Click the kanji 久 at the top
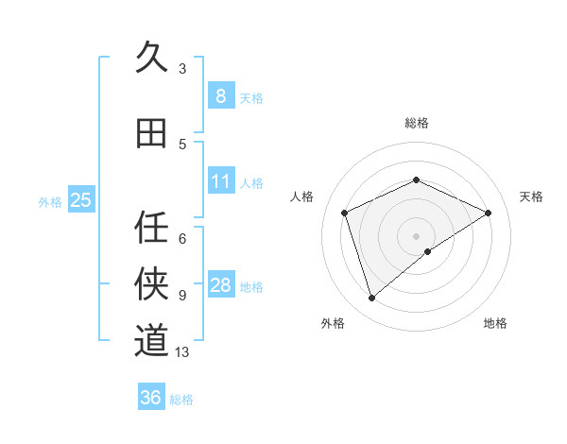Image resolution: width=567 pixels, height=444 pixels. point(152,58)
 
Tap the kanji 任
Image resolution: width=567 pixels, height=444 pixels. point(152,227)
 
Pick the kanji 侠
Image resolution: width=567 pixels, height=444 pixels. point(152,282)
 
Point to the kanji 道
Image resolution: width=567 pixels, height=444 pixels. point(152,339)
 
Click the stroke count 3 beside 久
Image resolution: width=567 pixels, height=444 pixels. point(182,68)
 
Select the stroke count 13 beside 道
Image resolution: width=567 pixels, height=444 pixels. point(182,352)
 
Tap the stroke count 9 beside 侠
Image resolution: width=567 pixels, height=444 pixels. point(182,296)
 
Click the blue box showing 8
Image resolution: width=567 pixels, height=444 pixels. point(220,95)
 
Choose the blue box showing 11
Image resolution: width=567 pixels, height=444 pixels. point(220,180)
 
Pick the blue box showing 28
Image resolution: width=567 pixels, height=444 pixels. point(220,285)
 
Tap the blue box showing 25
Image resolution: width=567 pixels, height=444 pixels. point(80,199)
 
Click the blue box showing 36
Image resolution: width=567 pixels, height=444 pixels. point(150,398)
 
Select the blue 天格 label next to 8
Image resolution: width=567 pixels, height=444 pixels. point(251,97)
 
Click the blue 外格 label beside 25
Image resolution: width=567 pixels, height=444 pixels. point(50,201)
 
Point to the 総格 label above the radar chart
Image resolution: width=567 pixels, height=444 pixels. point(416,123)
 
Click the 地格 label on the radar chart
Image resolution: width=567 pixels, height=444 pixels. point(495,323)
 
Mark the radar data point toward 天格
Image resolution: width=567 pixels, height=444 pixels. point(488,213)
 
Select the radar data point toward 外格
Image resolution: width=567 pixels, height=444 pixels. point(371,299)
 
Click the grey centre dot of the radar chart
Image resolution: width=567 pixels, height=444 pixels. point(416,235)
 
